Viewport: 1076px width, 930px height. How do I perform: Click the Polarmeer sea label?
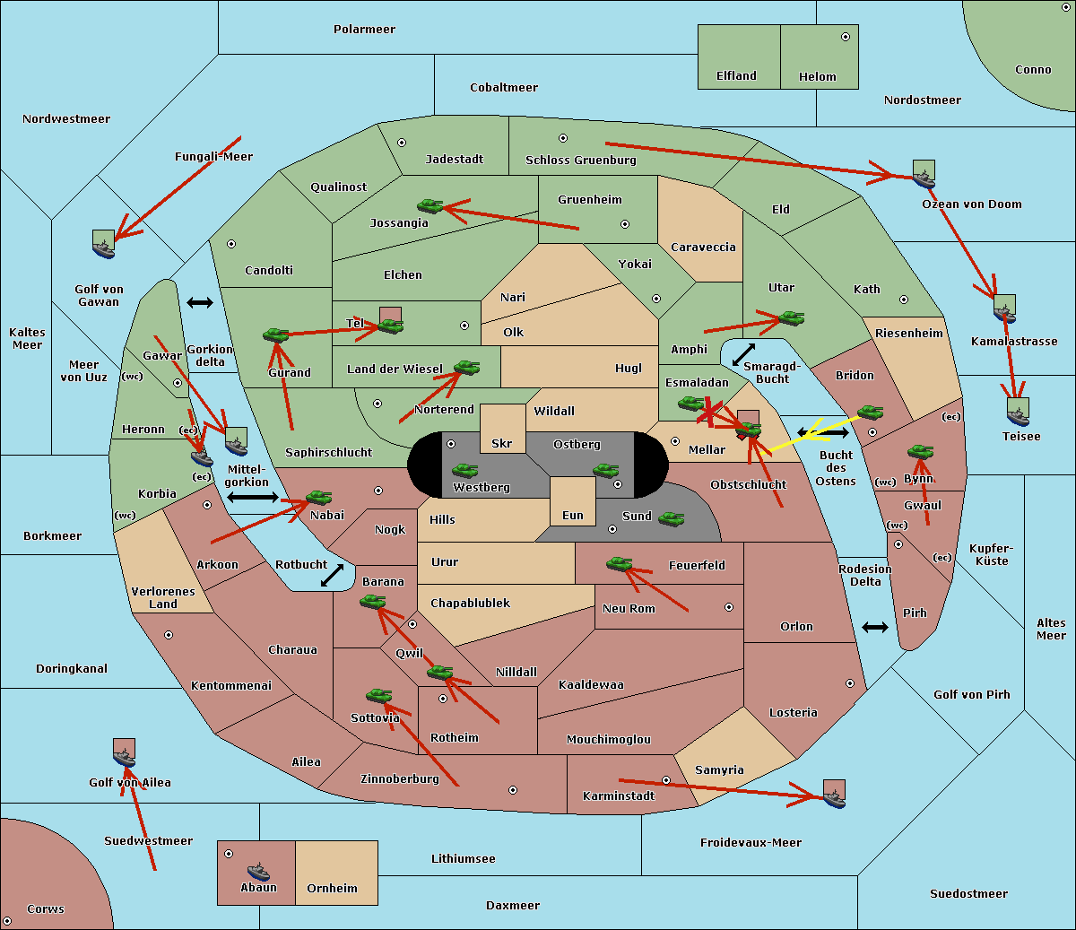pyautogui.click(x=364, y=30)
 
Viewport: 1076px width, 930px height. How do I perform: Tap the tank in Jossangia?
pyautogui.click(x=430, y=206)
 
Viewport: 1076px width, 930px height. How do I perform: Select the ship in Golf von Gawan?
pyautogui.click(x=104, y=248)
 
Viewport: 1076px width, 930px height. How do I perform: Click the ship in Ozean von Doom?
pyautogui.click(x=924, y=178)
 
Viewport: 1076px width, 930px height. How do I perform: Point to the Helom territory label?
pyautogui.click(x=817, y=77)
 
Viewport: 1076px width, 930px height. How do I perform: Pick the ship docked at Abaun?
pyautogui.click(x=258, y=871)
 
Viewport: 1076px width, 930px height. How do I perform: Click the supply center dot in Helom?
pyautogui.click(x=845, y=37)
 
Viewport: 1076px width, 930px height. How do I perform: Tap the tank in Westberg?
pyautogui.click(x=464, y=470)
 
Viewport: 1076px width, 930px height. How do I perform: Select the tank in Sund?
pyautogui.click(x=671, y=518)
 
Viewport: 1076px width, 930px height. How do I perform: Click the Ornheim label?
pyautogui.click(x=332, y=889)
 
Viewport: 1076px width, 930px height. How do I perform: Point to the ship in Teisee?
pyautogui.click(x=1018, y=416)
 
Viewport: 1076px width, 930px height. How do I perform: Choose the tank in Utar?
pyautogui.click(x=791, y=317)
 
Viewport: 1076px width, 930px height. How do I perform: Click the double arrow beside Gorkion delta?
pyautogui.click(x=199, y=303)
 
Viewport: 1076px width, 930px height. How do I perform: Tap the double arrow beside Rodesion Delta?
pyautogui.click(x=875, y=627)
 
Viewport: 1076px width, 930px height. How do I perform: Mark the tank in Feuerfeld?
pyautogui.click(x=619, y=563)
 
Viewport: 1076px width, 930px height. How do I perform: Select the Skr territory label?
pyautogui.click(x=501, y=443)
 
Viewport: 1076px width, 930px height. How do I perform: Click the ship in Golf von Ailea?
pyautogui.click(x=124, y=759)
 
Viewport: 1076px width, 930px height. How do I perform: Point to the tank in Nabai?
pyautogui.click(x=319, y=497)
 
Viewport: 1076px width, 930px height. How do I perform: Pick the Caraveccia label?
pyautogui.click(x=703, y=248)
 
